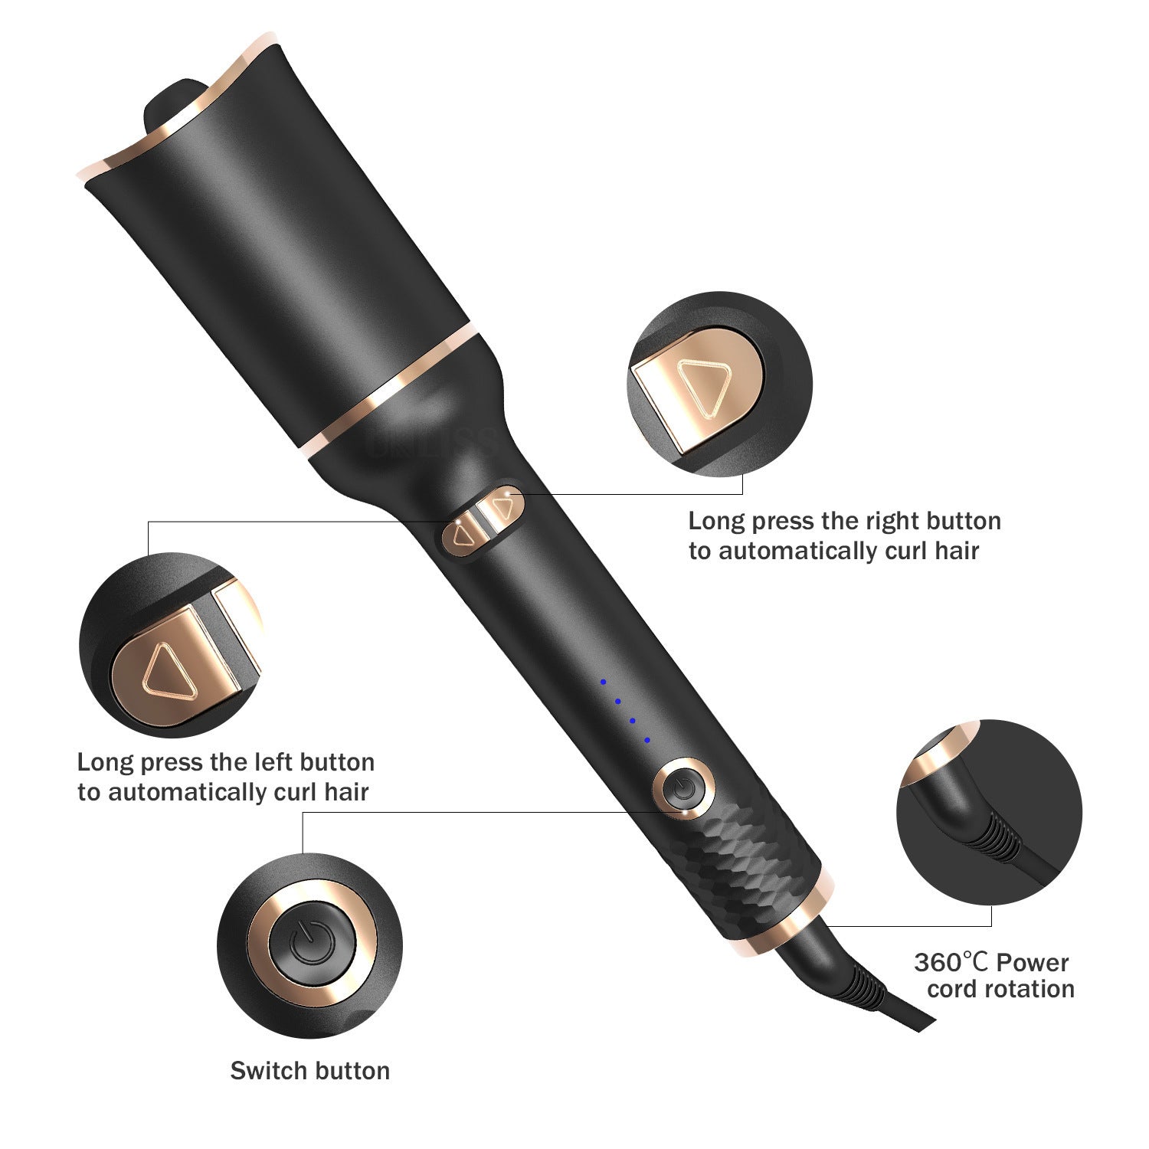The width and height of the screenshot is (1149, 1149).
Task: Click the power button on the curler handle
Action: (683, 787)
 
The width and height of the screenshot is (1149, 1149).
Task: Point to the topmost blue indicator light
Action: (603, 681)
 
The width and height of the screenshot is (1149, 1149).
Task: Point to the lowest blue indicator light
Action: (647, 740)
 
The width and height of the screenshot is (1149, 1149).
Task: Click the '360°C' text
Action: (951, 962)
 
